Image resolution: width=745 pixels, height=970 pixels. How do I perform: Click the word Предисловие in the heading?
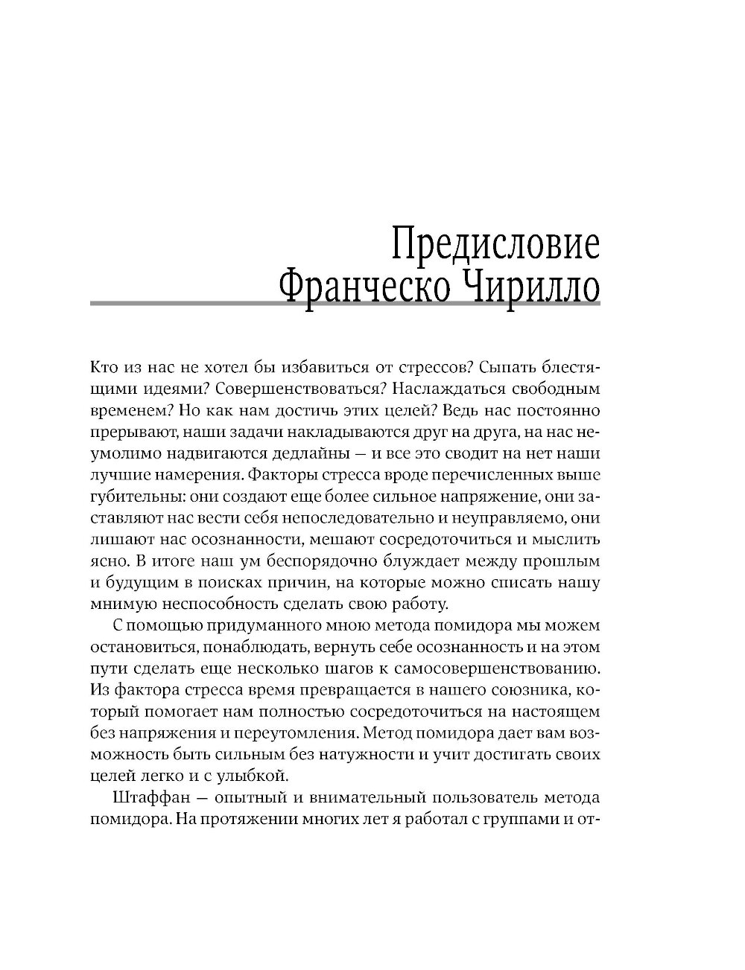click(495, 246)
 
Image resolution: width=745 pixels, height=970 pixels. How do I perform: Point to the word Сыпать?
click(507, 367)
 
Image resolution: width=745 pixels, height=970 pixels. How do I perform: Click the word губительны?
click(129, 496)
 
